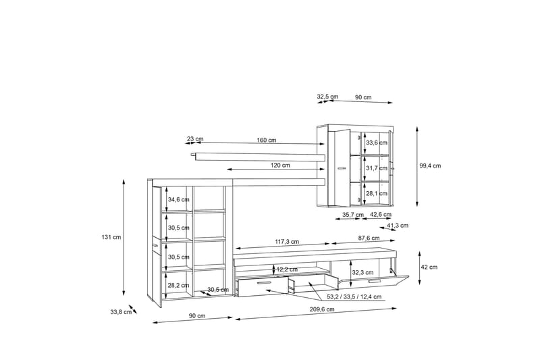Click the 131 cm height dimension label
point(111,237)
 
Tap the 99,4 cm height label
point(429,165)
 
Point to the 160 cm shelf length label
point(266,140)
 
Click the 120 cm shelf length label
point(281,165)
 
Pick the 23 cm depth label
point(195,140)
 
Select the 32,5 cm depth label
point(328,97)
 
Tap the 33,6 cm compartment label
point(375,143)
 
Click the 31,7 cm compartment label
point(375,168)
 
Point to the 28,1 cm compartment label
point(375,193)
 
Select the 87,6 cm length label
point(368,238)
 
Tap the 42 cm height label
point(429,267)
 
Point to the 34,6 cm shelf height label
point(179,199)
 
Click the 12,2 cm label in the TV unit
point(288,269)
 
